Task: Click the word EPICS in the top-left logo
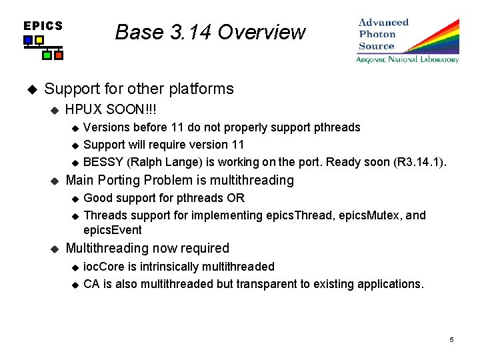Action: coord(43,26)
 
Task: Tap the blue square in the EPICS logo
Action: coord(28,41)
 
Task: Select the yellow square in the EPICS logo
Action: coord(39,41)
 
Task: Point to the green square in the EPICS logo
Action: coord(47,55)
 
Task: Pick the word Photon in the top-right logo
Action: coord(377,34)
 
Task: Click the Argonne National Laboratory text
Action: coord(407,59)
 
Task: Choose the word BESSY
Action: coord(103,162)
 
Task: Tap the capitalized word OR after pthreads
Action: coord(235,198)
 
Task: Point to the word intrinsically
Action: coord(173,267)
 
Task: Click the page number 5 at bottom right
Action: coord(451,340)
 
